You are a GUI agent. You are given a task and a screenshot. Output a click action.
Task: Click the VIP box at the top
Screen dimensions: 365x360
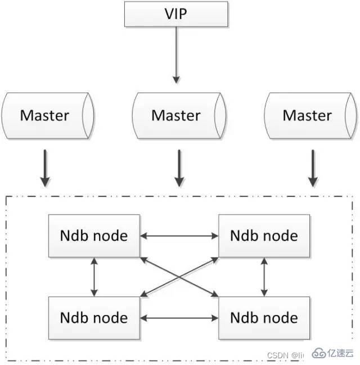click(176, 13)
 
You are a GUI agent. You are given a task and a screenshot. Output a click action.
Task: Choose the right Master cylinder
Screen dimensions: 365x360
click(308, 115)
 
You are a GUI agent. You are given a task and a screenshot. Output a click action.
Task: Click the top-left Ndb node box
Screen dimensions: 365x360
click(94, 235)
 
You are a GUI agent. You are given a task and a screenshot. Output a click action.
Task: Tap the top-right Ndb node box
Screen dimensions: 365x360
click(264, 235)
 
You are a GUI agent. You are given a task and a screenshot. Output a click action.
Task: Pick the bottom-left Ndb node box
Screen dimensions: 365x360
click(94, 318)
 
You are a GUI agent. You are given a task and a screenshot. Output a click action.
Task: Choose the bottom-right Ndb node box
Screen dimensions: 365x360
click(264, 318)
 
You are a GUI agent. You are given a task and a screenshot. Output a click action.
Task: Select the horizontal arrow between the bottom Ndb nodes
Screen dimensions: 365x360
click(179, 318)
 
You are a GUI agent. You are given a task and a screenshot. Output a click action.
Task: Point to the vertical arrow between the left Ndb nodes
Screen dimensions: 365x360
click(94, 276)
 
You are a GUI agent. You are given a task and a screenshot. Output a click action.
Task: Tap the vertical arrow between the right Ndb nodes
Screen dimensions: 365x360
click(264, 276)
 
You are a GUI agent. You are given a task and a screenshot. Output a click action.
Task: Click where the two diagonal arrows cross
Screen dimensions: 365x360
click(179, 276)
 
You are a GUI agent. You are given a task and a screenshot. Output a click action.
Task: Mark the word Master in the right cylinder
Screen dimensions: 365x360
click(307, 115)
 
